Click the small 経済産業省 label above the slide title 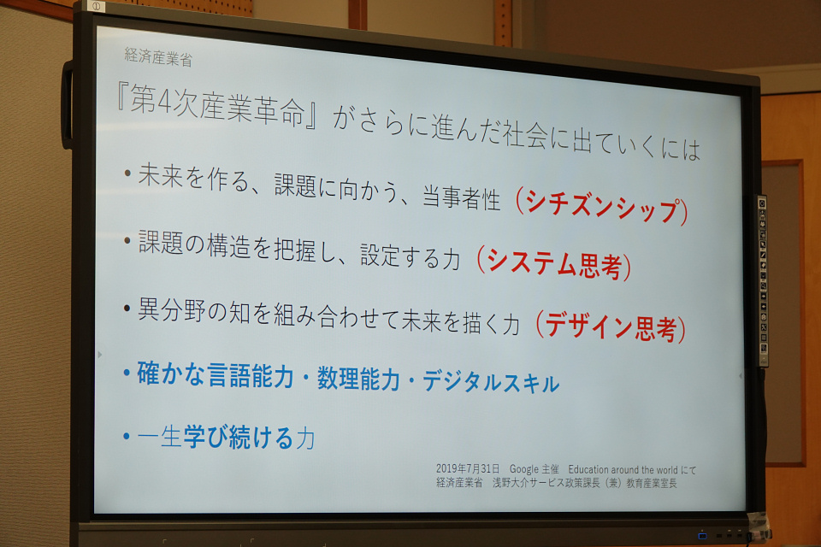click(x=158, y=56)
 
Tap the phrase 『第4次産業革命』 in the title click(x=216, y=104)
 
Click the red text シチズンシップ click(x=602, y=205)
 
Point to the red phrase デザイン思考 click(x=611, y=326)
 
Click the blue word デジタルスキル click(x=491, y=381)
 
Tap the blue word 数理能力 click(x=358, y=378)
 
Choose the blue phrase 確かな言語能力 click(x=216, y=374)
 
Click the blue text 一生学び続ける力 click(x=226, y=437)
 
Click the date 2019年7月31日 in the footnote click(x=468, y=468)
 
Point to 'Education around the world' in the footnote click(x=623, y=469)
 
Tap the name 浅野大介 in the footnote click(x=511, y=482)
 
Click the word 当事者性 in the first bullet click(x=461, y=198)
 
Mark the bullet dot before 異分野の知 click(x=127, y=309)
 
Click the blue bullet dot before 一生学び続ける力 click(x=127, y=436)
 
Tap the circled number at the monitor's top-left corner click(x=97, y=6)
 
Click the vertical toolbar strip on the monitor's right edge click(x=764, y=281)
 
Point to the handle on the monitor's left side click(x=67, y=104)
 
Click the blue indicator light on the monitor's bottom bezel click(x=703, y=536)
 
